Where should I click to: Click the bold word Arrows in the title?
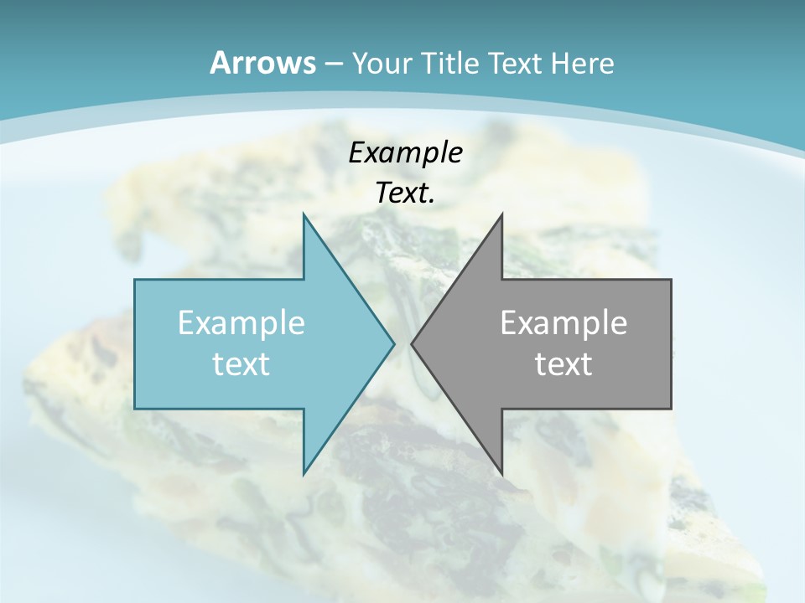click(262, 63)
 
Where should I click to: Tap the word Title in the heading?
click(449, 64)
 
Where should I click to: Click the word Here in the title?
click(582, 64)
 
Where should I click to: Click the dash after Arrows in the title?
click(334, 64)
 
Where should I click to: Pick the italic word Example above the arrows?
click(405, 152)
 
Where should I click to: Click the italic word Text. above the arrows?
click(405, 193)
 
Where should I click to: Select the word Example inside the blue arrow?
click(241, 322)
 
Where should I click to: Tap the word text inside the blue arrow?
click(241, 363)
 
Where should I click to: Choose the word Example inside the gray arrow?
click(563, 322)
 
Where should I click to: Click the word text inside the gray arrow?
click(563, 363)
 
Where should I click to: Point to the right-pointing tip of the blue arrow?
click(393, 343)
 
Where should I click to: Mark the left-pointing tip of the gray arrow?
click(413, 343)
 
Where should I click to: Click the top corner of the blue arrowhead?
click(304, 215)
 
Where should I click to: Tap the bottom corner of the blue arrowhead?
click(304, 472)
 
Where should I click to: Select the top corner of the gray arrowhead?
click(501, 215)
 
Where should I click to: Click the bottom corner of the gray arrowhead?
click(501, 472)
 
